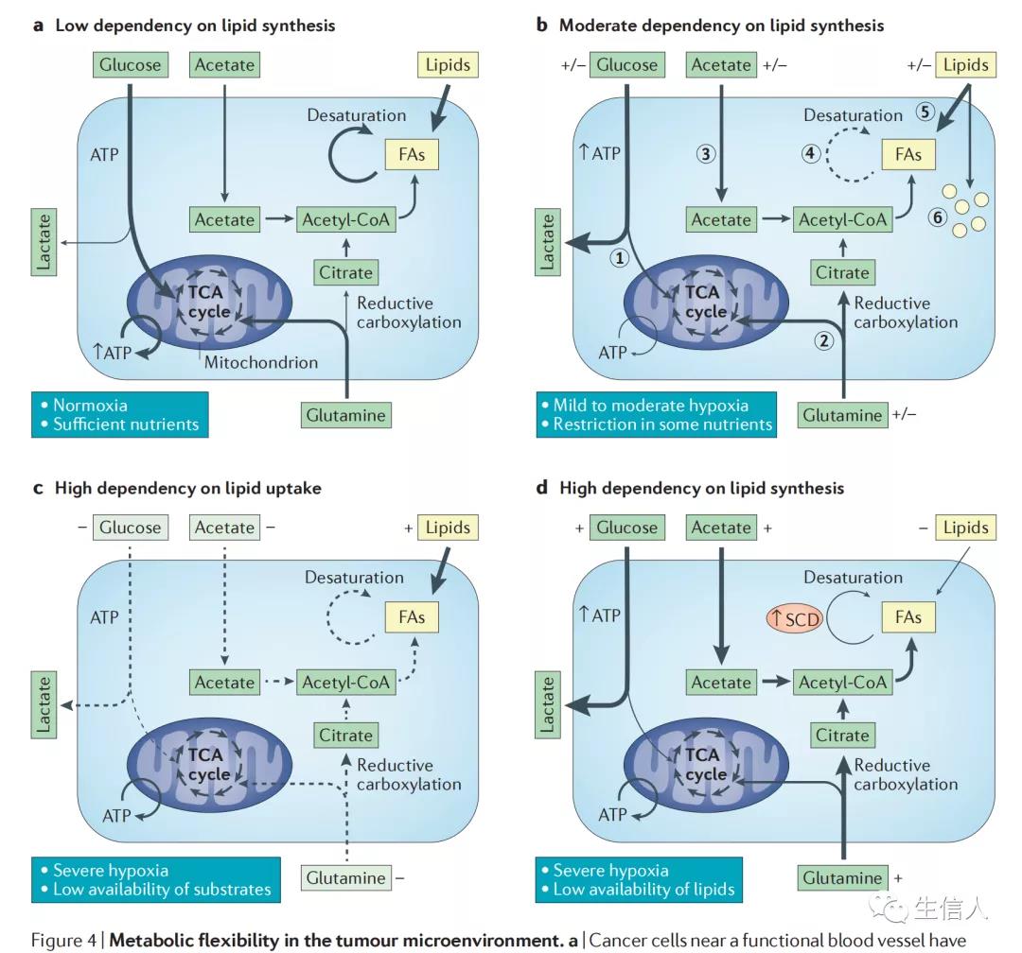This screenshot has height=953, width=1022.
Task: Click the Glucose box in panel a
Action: point(130,65)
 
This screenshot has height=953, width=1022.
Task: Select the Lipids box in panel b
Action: point(965,65)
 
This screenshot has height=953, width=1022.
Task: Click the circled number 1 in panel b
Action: point(620,257)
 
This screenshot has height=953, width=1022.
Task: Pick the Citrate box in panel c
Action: point(345,736)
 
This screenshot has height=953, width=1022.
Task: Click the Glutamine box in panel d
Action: point(842,877)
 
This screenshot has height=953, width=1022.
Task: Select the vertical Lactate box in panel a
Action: point(44,243)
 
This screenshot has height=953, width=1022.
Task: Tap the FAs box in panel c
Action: point(412,618)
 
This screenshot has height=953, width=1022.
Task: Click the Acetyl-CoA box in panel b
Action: point(842,219)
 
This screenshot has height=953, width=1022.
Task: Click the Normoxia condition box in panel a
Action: point(118,414)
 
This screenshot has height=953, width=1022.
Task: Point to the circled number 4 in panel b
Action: point(811,153)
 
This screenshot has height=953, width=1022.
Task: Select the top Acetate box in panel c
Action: point(224,528)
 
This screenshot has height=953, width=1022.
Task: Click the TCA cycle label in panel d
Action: point(702,764)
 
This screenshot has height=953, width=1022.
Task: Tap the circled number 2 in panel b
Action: point(824,341)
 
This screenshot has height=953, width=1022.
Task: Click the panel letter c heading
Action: point(38,488)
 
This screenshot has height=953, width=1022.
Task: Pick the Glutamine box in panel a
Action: point(346,414)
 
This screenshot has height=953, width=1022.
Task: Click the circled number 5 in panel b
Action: point(925,112)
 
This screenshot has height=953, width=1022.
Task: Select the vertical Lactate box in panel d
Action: point(547,704)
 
